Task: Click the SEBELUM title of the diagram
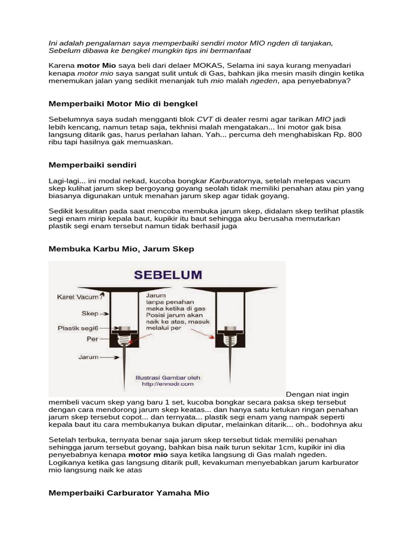[x=168, y=275]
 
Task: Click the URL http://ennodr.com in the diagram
[x=167, y=384]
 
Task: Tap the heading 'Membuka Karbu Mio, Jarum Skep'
[x=121, y=249]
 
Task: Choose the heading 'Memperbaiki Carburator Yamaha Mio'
[x=129, y=493]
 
